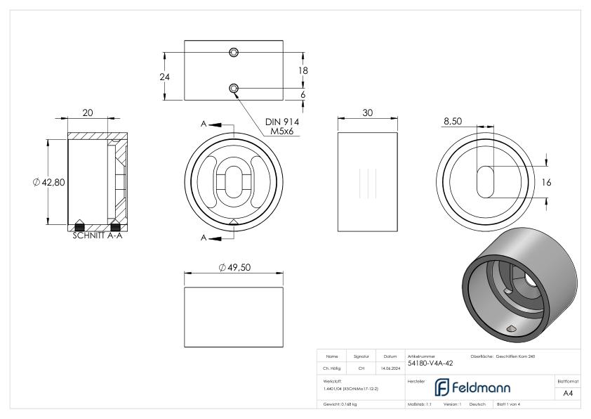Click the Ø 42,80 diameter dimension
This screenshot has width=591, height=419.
click(48, 182)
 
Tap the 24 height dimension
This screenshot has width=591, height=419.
click(165, 77)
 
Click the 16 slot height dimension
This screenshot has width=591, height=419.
click(547, 182)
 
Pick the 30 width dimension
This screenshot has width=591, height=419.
click(367, 112)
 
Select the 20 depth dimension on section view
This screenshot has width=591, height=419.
click(88, 112)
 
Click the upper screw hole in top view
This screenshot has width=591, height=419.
click(234, 53)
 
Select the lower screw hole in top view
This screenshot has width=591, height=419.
click(234, 88)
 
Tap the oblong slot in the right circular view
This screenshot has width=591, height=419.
click(486, 182)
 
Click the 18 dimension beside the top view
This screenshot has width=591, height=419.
click(304, 70)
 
